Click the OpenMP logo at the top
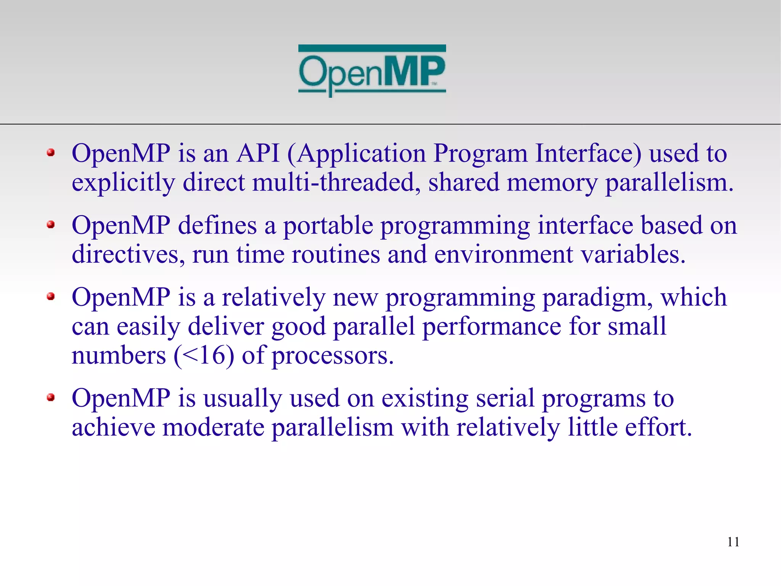[x=372, y=71]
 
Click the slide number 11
[x=733, y=542]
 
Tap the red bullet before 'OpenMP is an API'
[x=51, y=153]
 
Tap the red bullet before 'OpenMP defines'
[x=51, y=224]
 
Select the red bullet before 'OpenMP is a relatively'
[x=51, y=296]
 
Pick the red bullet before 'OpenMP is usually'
[x=51, y=398]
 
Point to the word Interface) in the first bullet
[x=588, y=153]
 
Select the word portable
[x=328, y=225]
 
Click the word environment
[x=503, y=254]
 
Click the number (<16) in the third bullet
[x=204, y=356]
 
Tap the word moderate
[x=213, y=427]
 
